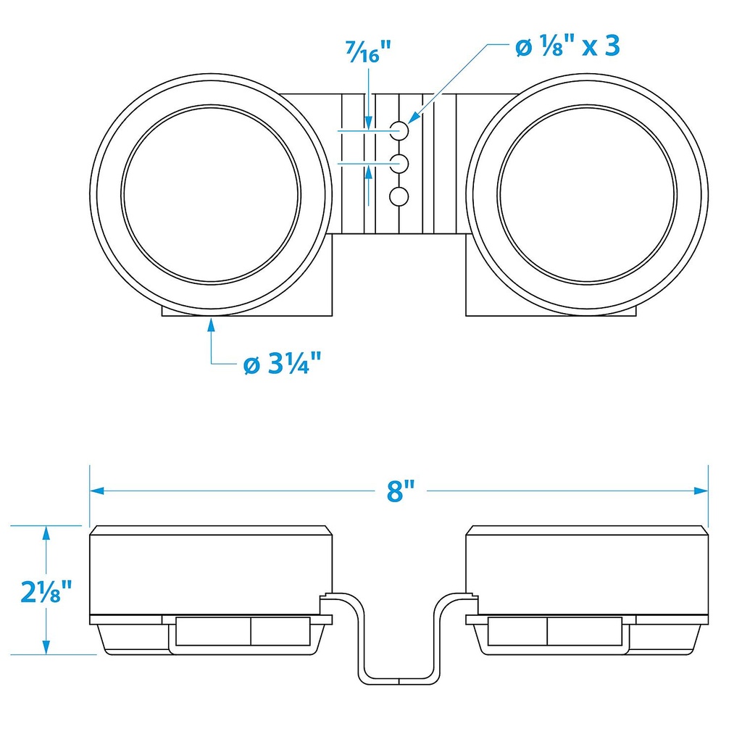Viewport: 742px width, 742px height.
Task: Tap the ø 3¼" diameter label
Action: pos(283,364)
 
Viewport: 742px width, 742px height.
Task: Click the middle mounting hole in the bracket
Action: pos(399,164)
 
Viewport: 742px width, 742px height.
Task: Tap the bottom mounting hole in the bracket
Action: pos(399,196)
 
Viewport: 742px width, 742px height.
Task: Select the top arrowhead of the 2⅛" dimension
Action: pos(46,533)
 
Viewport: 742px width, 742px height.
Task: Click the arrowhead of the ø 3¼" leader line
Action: pos(211,324)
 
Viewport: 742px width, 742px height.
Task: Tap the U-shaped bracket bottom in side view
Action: pos(399,680)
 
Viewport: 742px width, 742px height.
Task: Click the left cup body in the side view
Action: pos(210,572)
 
